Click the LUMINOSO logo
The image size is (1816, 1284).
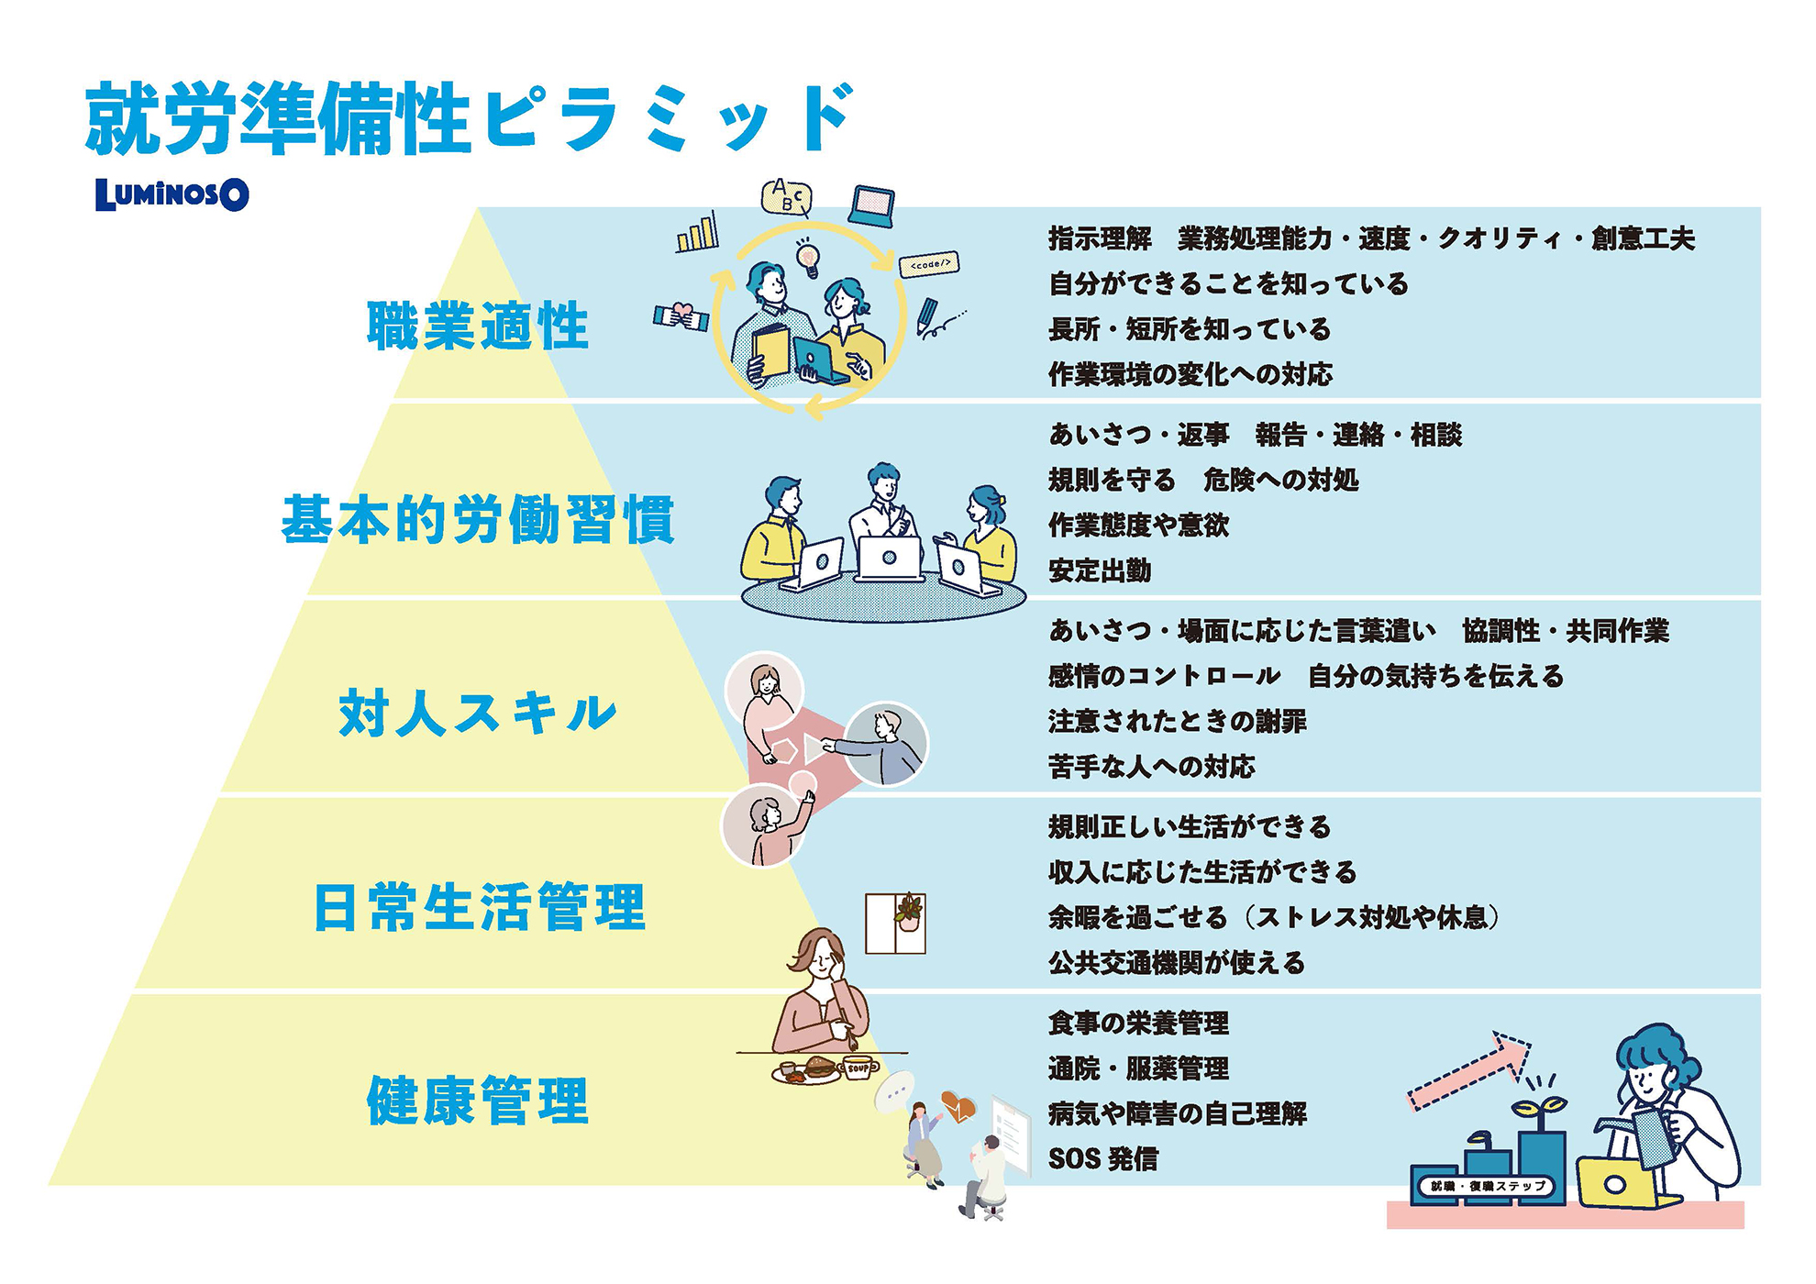pos(172,194)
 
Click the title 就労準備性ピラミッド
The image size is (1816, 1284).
pos(470,118)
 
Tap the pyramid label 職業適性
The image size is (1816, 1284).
pos(478,326)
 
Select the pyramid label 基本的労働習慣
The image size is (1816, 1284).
pos(478,519)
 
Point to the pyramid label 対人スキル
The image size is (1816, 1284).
pos(478,714)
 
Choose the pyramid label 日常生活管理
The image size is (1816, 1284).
pos(480,907)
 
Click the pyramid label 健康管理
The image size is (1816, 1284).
pos(478,1101)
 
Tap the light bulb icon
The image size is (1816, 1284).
pos(807,257)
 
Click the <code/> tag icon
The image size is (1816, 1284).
pos(929,264)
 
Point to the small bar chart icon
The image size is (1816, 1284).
pos(697,233)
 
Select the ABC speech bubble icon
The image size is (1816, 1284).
pos(787,196)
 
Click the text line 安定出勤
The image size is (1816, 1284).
pos(1100,570)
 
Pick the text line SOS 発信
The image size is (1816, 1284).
pos(1102,1159)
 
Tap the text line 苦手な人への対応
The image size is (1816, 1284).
pos(1152,767)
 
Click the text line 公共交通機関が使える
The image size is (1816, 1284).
pos(1177,963)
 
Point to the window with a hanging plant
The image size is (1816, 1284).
pos(895,924)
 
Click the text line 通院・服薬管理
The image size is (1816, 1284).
pos(1138,1068)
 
